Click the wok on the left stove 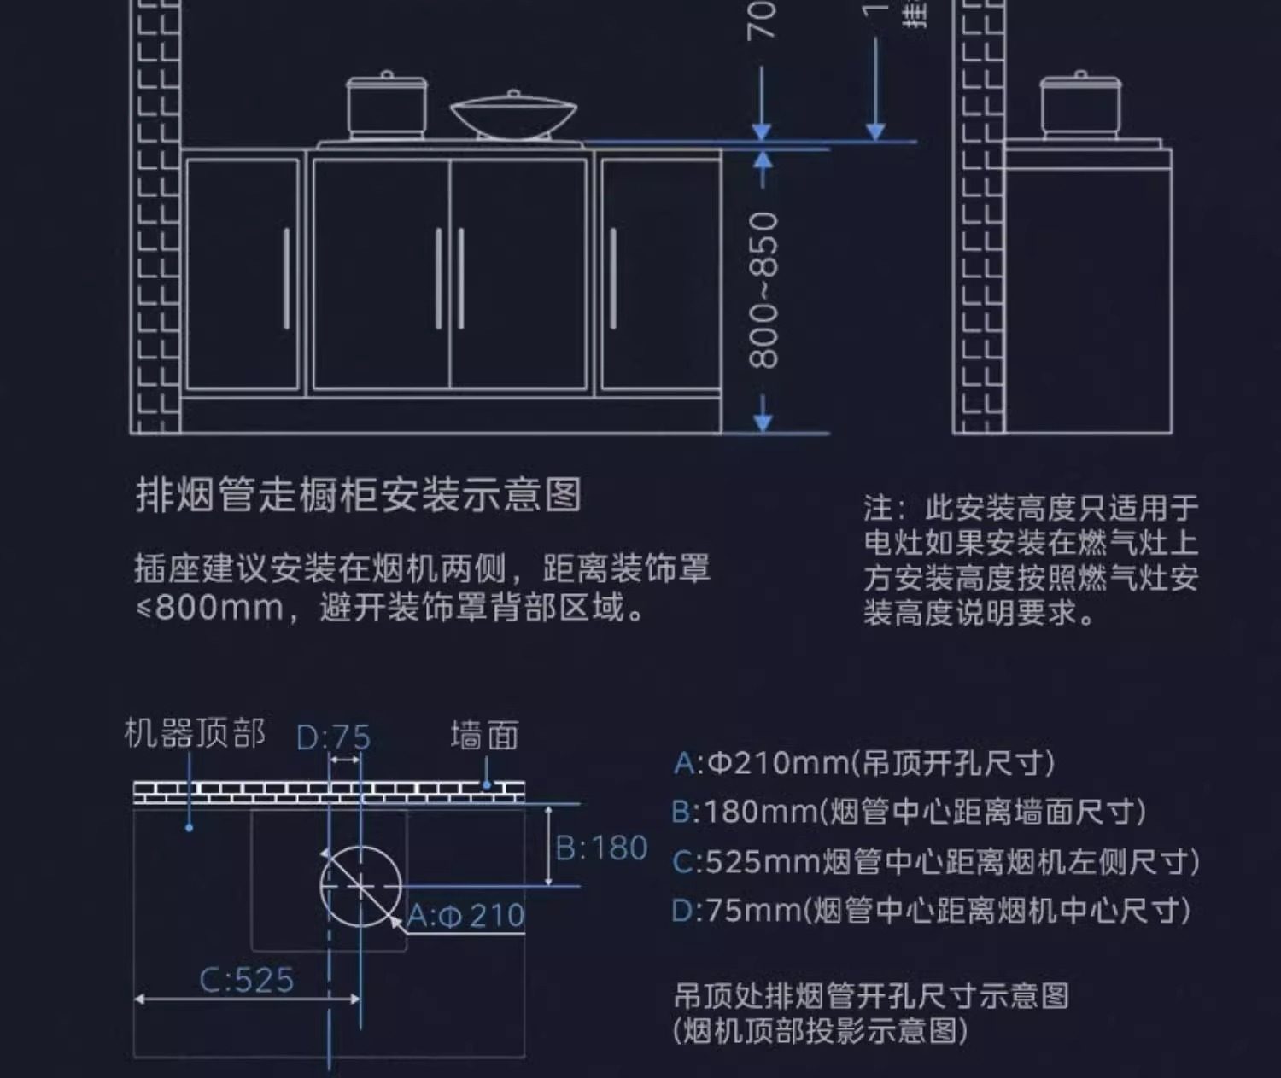[x=513, y=117]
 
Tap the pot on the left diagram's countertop [x=387, y=106]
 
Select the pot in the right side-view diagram [x=1080, y=106]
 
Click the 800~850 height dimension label [x=763, y=290]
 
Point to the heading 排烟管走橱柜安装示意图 [x=359, y=495]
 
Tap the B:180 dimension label [x=601, y=848]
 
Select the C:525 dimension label [x=246, y=980]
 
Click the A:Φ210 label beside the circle [x=466, y=916]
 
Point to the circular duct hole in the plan [x=360, y=886]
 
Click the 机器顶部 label [x=195, y=733]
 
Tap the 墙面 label [x=484, y=735]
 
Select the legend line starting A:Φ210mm [x=863, y=762]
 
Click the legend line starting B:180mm [x=909, y=812]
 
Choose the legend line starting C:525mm [x=935, y=862]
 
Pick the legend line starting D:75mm [x=931, y=911]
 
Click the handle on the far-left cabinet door [x=286, y=278]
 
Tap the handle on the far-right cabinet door [x=613, y=278]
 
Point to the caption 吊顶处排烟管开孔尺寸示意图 [x=871, y=996]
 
